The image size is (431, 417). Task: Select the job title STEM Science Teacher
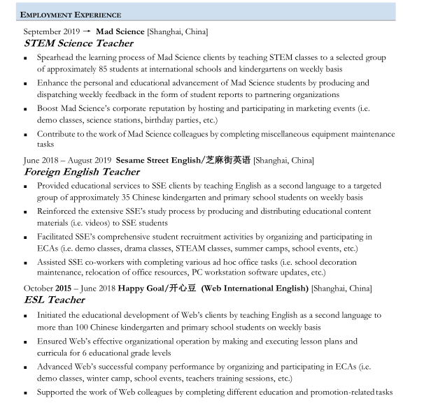[x=78, y=43]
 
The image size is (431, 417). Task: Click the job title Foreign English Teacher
[x=82, y=172]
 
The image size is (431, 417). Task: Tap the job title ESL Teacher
[x=55, y=300]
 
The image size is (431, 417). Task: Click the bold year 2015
[x=64, y=288]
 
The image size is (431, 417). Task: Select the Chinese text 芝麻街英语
[x=227, y=160]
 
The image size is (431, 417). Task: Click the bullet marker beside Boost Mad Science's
[x=27, y=109]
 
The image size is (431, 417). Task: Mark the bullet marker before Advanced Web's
[x=27, y=367]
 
